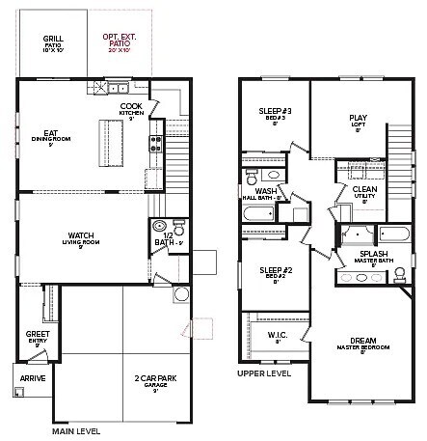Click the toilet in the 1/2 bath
(159, 232)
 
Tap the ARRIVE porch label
(34, 379)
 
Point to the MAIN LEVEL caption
(75, 431)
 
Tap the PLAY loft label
(358, 122)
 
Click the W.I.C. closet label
(278, 337)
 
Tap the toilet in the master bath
(398, 274)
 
